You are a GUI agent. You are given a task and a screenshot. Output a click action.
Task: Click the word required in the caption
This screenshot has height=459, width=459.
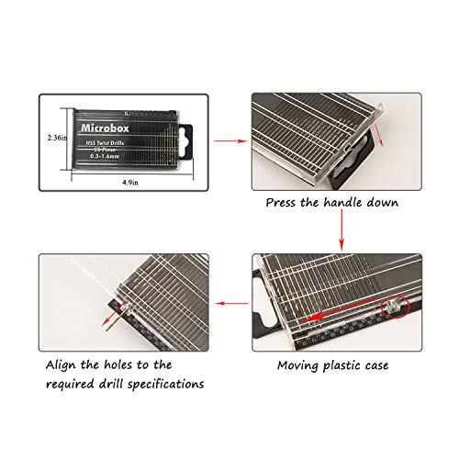point(71,384)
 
